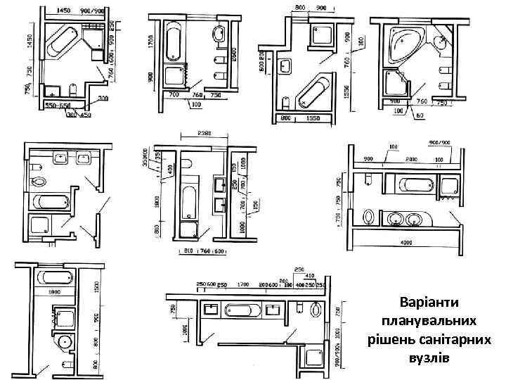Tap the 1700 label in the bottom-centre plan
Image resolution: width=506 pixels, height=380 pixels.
point(244,286)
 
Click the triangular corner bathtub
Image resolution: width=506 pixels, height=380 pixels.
point(402,44)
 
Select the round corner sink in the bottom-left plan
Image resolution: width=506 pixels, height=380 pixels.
point(65,343)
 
